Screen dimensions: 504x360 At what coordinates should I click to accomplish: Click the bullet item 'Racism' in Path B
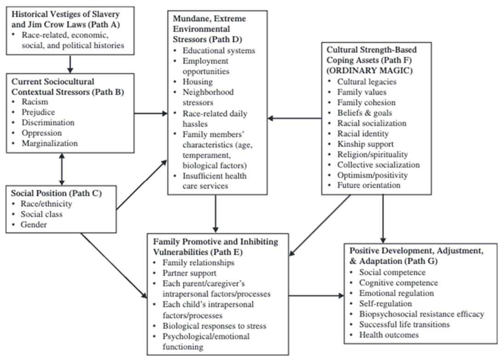tap(35, 102)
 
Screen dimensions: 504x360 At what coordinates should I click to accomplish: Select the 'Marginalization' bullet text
tap(50, 143)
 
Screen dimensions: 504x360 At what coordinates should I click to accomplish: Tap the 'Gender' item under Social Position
tap(34, 225)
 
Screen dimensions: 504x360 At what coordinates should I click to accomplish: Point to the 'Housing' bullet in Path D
tap(198, 82)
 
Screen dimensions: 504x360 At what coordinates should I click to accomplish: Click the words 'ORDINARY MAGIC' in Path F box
tap(370, 70)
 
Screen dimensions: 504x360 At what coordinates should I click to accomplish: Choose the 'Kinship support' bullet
tap(365, 144)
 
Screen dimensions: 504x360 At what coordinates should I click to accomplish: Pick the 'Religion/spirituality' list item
tap(373, 154)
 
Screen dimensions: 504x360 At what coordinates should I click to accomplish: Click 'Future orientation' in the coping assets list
tap(368, 186)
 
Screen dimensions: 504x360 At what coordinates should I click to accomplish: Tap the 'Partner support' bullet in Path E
tap(189, 273)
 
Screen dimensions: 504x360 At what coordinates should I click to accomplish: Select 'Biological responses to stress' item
tap(215, 326)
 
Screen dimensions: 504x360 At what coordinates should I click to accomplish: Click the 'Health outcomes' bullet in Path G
tap(389, 335)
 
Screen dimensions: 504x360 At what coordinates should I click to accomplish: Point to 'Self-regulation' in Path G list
tap(385, 304)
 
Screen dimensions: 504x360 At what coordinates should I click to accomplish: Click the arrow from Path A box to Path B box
tap(70, 64)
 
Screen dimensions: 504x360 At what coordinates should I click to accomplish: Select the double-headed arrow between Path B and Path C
tap(62, 169)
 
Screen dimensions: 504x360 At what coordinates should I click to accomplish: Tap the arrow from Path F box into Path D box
tap(295, 118)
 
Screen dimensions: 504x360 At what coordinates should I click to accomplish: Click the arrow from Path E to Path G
tap(316, 295)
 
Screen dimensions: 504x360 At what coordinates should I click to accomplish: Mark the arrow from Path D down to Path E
tap(215, 214)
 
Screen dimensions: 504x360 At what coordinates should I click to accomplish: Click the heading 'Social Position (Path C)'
tap(56, 193)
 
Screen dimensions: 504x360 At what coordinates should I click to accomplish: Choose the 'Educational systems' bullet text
tap(219, 51)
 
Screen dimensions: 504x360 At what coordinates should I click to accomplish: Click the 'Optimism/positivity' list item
tap(372, 175)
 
